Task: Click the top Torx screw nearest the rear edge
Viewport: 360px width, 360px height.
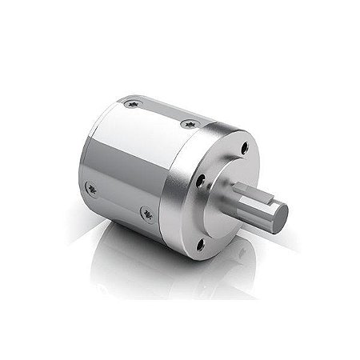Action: pos(130,105)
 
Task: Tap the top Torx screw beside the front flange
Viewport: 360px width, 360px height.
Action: pos(190,123)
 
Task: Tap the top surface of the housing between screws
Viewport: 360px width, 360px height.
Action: pos(160,112)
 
